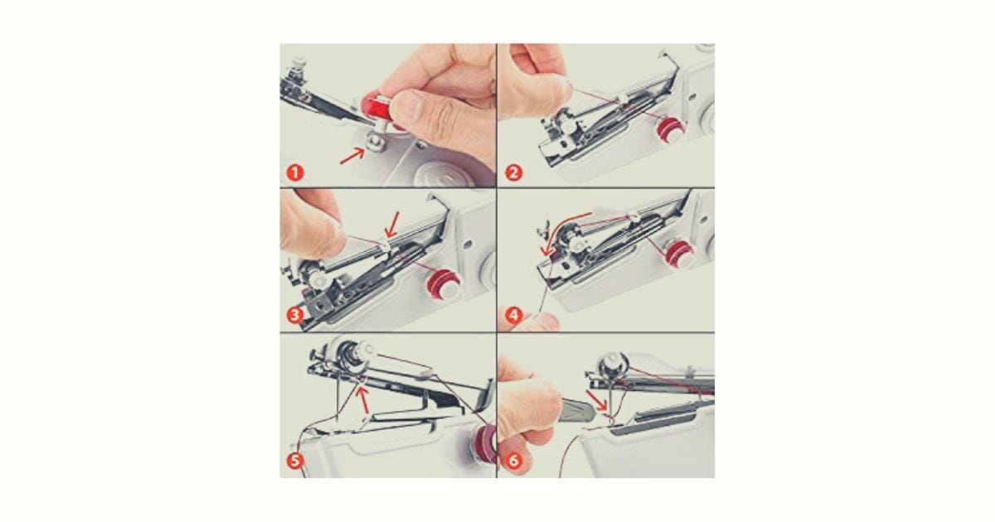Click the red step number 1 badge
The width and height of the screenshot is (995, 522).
(295, 173)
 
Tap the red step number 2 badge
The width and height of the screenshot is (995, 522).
(514, 173)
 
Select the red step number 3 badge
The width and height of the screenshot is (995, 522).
(295, 317)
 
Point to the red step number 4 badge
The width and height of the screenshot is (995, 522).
(514, 316)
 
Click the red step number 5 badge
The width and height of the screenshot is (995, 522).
(295, 462)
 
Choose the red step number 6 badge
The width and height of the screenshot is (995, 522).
(514, 462)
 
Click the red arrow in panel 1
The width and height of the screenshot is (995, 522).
(352, 155)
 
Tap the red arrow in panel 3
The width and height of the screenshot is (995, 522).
(391, 224)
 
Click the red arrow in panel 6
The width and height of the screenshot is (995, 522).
(595, 399)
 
